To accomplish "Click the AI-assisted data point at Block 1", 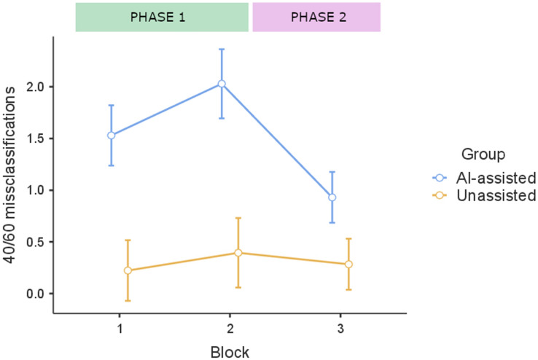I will coord(112,135).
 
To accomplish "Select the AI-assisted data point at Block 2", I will coord(222,84).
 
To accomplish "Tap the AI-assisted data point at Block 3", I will coord(332,197).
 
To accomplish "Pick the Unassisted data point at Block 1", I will coord(128,270).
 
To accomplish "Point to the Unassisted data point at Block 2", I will coord(238,253).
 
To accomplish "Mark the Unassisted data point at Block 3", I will coord(348,264).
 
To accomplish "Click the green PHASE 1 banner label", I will coord(163,17).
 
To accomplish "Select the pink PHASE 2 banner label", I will coord(316,17).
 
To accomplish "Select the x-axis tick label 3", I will coord(340,328).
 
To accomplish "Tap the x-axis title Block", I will coord(230,351).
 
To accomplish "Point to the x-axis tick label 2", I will coord(230,328).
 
